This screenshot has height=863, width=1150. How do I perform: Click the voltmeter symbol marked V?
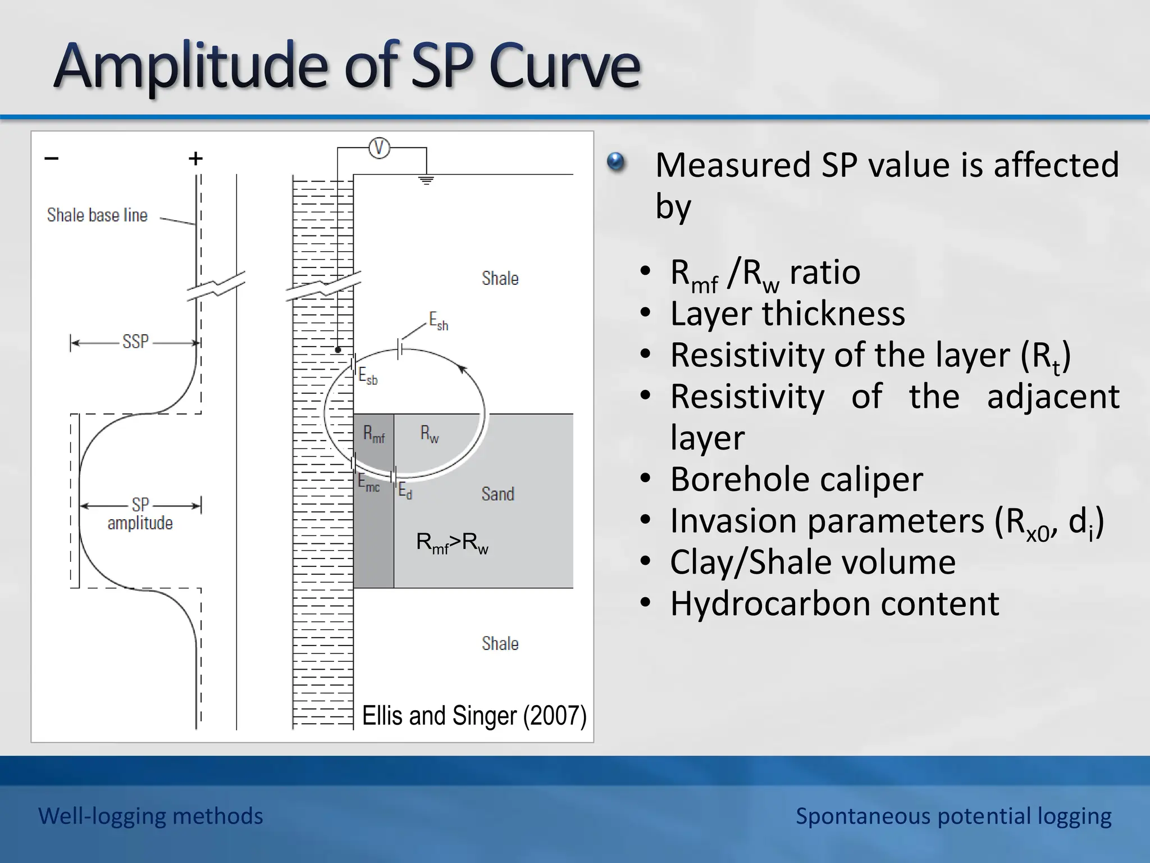pos(379,148)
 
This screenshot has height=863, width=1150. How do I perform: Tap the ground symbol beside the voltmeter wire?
pos(427,180)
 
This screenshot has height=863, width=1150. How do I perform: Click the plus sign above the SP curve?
pos(195,158)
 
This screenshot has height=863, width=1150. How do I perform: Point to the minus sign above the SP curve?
pos(52,158)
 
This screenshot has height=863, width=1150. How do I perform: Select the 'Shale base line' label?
pos(97,215)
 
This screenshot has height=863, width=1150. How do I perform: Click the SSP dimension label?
pos(135,342)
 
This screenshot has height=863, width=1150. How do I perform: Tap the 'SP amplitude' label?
pos(140,514)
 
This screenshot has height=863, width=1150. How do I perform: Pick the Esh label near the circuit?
pos(439,321)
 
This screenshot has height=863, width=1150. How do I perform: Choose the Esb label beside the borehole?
pos(368,376)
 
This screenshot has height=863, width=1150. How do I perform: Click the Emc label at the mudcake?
pos(369,483)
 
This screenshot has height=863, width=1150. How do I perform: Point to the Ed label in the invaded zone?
pos(405,492)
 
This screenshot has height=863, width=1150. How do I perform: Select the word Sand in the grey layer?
pos(498,494)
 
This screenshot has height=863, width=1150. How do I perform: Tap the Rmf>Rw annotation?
pos(452,543)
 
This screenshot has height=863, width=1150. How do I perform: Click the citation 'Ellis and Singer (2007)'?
pos(474,716)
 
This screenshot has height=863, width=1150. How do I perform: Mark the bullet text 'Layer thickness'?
pos(787,314)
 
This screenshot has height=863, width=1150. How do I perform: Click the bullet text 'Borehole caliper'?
pos(796,479)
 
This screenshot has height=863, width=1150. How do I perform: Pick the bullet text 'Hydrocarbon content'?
pos(834,603)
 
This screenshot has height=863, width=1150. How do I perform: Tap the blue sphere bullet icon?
pos(616,162)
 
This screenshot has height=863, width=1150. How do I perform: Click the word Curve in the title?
pos(564,66)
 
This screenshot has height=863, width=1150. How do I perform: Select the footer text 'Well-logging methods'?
pos(150,816)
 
